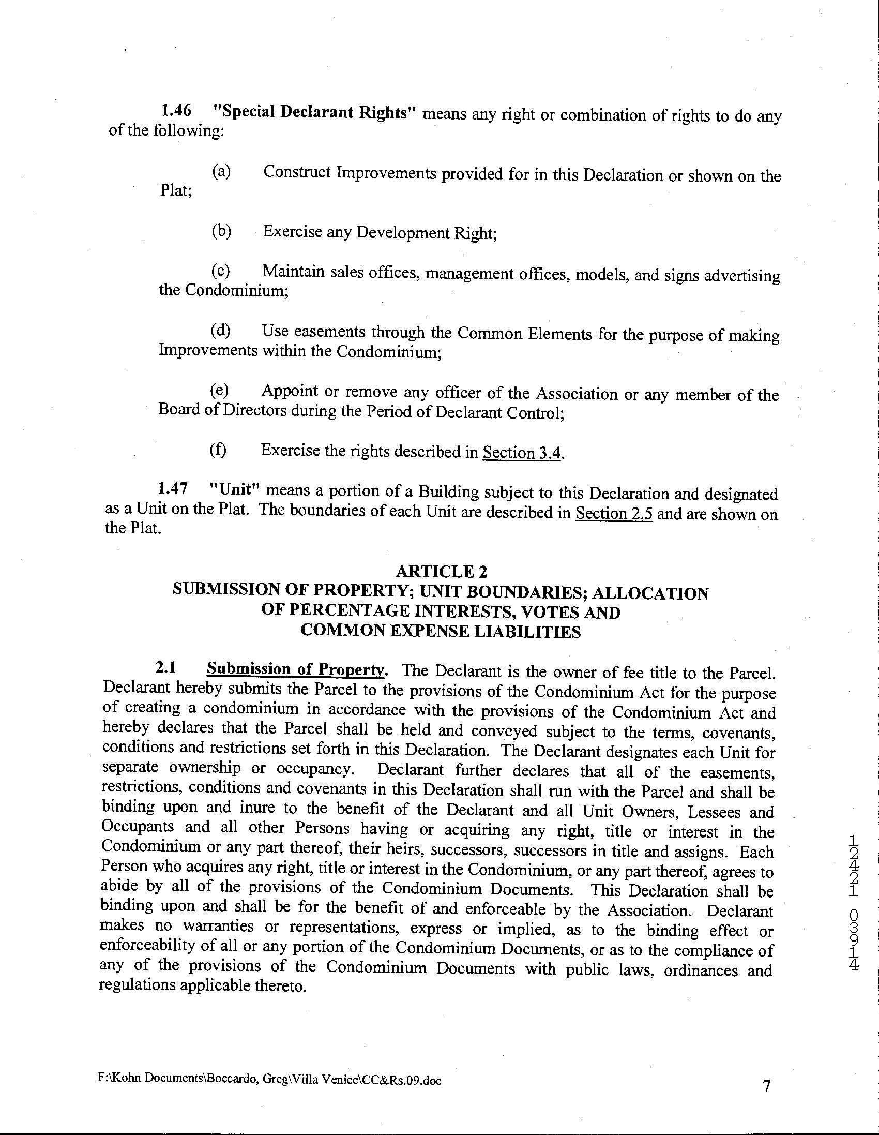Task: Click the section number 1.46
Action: pyautogui.click(x=176, y=111)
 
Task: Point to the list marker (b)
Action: pyautogui.click(x=221, y=231)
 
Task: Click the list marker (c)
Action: pyautogui.click(x=220, y=270)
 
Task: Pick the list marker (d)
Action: pyautogui.click(x=220, y=330)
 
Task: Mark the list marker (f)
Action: pyautogui.click(x=218, y=450)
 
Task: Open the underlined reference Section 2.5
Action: pyautogui.click(x=614, y=514)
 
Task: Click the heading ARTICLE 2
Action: pyautogui.click(x=441, y=572)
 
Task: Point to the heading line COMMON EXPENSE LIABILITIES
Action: pyautogui.click(x=441, y=632)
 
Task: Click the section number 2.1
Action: pyautogui.click(x=166, y=668)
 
